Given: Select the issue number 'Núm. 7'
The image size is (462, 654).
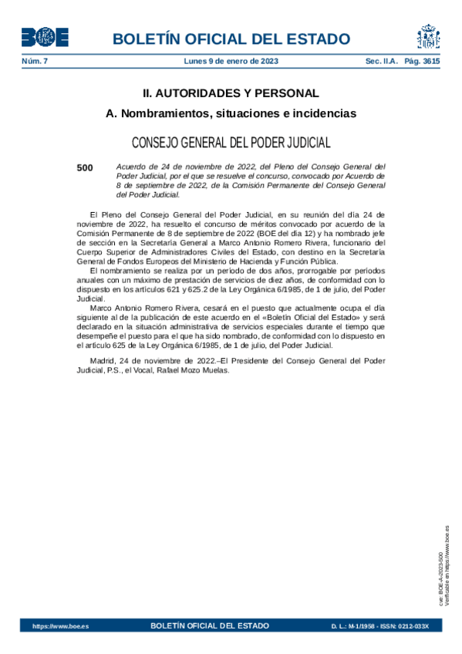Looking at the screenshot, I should click(x=34, y=61).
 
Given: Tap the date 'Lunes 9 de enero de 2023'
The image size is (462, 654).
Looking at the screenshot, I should click(x=231, y=61).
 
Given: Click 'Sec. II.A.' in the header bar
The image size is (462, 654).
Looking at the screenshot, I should click(x=380, y=61).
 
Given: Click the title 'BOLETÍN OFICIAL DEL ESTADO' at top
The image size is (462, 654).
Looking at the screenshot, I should click(x=231, y=39).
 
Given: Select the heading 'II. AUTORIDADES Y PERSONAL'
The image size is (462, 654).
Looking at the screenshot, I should click(x=231, y=93).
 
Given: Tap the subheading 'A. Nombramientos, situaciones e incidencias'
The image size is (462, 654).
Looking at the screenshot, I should click(x=231, y=114).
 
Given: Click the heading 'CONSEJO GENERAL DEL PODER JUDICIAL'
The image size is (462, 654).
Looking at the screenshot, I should click(x=231, y=143).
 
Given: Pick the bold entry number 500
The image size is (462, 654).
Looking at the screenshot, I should click(x=85, y=167).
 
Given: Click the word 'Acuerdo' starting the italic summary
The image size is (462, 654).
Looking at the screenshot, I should click(x=131, y=167).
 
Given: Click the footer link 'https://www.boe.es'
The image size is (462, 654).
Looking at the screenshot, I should click(x=60, y=626).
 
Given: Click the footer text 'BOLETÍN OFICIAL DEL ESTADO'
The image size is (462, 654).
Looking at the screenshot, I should click(x=210, y=625).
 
